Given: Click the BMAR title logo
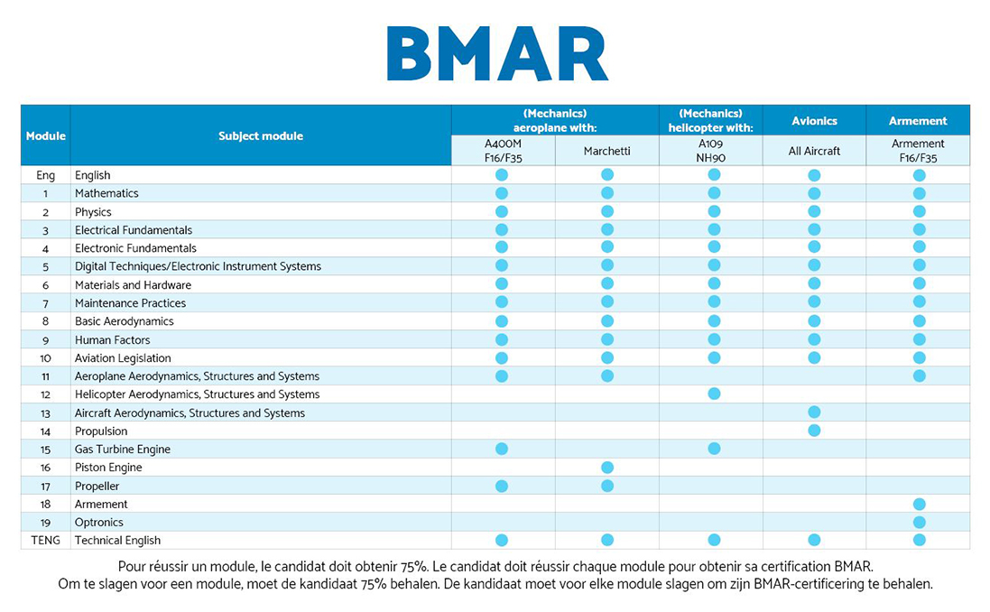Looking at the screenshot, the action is point(497,53).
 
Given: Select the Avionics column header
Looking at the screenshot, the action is point(814,121).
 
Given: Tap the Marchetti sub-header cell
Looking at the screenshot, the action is point(606,151).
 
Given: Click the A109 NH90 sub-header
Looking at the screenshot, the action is point(710,151).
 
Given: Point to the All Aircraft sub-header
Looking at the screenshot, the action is point(814,151).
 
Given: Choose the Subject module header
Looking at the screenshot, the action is point(261,135).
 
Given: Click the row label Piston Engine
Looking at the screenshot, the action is point(108,468).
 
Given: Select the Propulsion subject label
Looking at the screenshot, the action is point(101,431).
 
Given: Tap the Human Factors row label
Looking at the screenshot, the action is point(113,339).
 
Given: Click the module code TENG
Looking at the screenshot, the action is point(45,541).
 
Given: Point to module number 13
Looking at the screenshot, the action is point(45,413).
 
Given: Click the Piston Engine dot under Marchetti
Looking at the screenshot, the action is point(607,468).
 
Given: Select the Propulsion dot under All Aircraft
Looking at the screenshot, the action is point(815,431).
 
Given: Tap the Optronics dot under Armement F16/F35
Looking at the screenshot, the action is point(920,523).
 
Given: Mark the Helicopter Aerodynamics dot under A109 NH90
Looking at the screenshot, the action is point(714,394).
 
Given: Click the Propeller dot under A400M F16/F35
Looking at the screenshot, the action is point(502,486).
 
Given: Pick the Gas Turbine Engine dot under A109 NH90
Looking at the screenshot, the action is point(714,449).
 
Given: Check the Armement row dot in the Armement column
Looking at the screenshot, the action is point(920,504).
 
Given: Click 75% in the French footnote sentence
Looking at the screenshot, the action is point(414,567).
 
